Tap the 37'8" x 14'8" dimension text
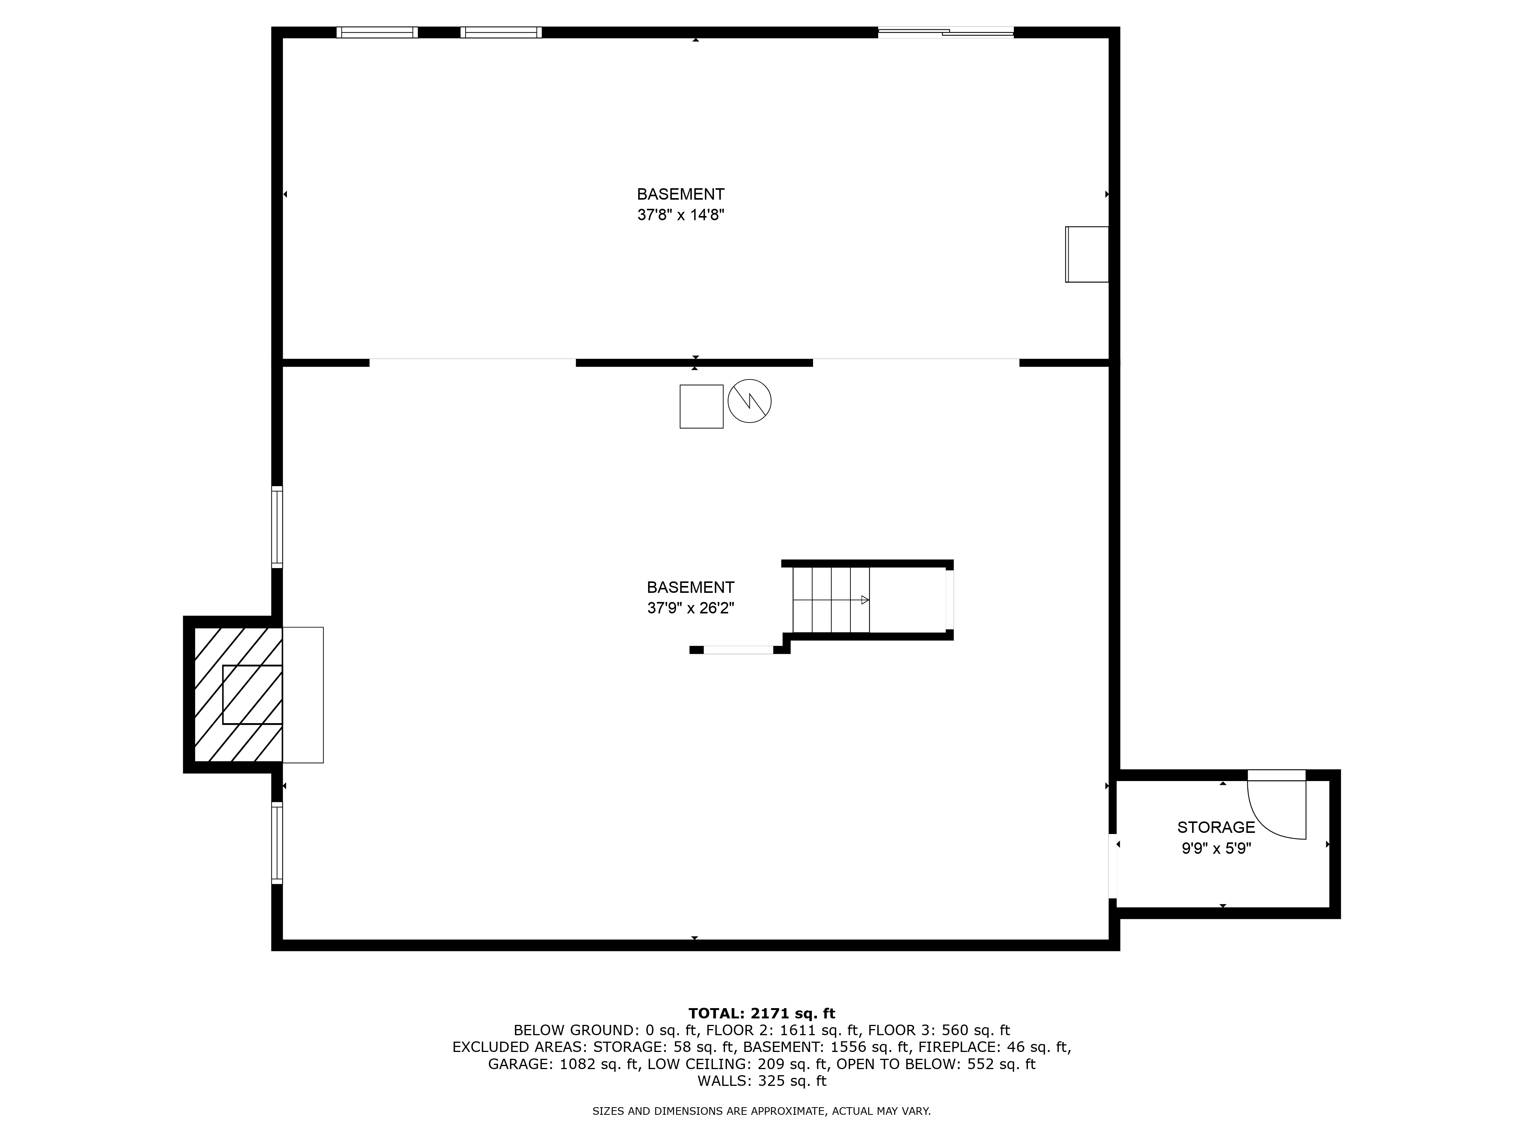pos(681,215)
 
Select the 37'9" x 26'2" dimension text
pos(690,608)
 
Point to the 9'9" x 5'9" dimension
pos(1216,848)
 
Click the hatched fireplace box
pos(239,695)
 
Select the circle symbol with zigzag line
pos(749,401)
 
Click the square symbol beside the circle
pos(701,407)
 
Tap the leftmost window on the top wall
pos(377,32)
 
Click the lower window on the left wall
pos(277,843)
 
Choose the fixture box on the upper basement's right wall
pos(1087,254)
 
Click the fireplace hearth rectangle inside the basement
pos(303,695)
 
